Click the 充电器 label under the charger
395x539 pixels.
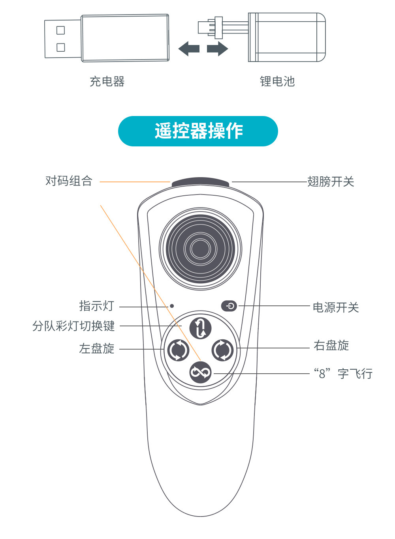(x=107, y=82)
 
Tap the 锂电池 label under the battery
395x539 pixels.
(x=277, y=81)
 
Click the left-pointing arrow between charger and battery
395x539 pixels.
(x=189, y=49)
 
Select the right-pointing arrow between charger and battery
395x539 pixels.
(x=218, y=49)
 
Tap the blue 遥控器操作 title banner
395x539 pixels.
(x=198, y=131)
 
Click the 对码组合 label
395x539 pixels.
(x=69, y=181)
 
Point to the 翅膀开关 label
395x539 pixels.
(x=331, y=182)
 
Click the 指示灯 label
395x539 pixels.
(x=97, y=306)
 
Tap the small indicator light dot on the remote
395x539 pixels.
(x=172, y=306)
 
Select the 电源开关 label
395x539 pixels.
(x=336, y=307)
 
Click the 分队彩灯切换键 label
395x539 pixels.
(x=73, y=326)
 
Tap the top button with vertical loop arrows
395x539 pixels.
(x=200, y=328)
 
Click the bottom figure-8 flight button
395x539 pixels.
(x=200, y=372)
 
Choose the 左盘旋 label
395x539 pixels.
(x=97, y=348)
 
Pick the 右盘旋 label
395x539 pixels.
(x=331, y=345)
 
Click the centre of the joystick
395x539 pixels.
(x=200, y=249)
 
